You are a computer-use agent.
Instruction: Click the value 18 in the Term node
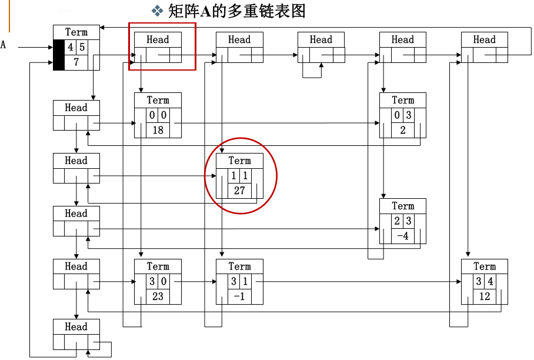pyautogui.click(x=158, y=130)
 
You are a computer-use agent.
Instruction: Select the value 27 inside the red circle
pyautogui.click(x=239, y=191)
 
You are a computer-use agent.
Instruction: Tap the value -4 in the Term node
pyautogui.click(x=403, y=236)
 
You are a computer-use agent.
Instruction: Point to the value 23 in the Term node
pyautogui.click(x=158, y=296)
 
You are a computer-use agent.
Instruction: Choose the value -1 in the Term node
pyautogui.click(x=239, y=296)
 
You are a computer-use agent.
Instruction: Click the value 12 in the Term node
pyautogui.click(x=485, y=296)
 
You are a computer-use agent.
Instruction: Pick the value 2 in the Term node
pyautogui.click(x=403, y=130)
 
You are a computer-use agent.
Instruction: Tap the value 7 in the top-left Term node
pyautogui.click(x=76, y=62)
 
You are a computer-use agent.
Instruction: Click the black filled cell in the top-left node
pyautogui.click(x=59, y=55)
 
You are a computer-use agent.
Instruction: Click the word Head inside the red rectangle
pyautogui.click(x=158, y=39)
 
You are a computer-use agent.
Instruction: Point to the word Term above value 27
pyautogui.click(x=239, y=161)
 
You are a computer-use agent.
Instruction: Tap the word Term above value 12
pyautogui.click(x=485, y=266)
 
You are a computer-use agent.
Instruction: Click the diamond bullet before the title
pyautogui.click(x=157, y=11)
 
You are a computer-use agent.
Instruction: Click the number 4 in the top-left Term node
pyautogui.click(x=71, y=47)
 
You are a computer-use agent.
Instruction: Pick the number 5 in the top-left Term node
pyautogui.click(x=82, y=47)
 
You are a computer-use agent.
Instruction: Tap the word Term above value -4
pyautogui.click(x=403, y=206)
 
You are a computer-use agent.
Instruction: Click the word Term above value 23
pyautogui.click(x=158, y=266)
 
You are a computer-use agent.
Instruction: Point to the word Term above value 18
pyautogui.click(x=158, y=100)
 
